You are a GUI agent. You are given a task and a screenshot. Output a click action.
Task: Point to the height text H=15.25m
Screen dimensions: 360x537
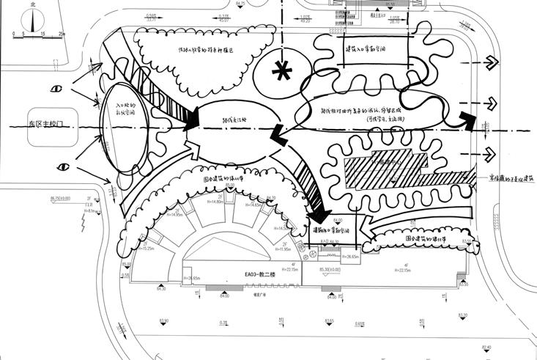click(x=147, y=249)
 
